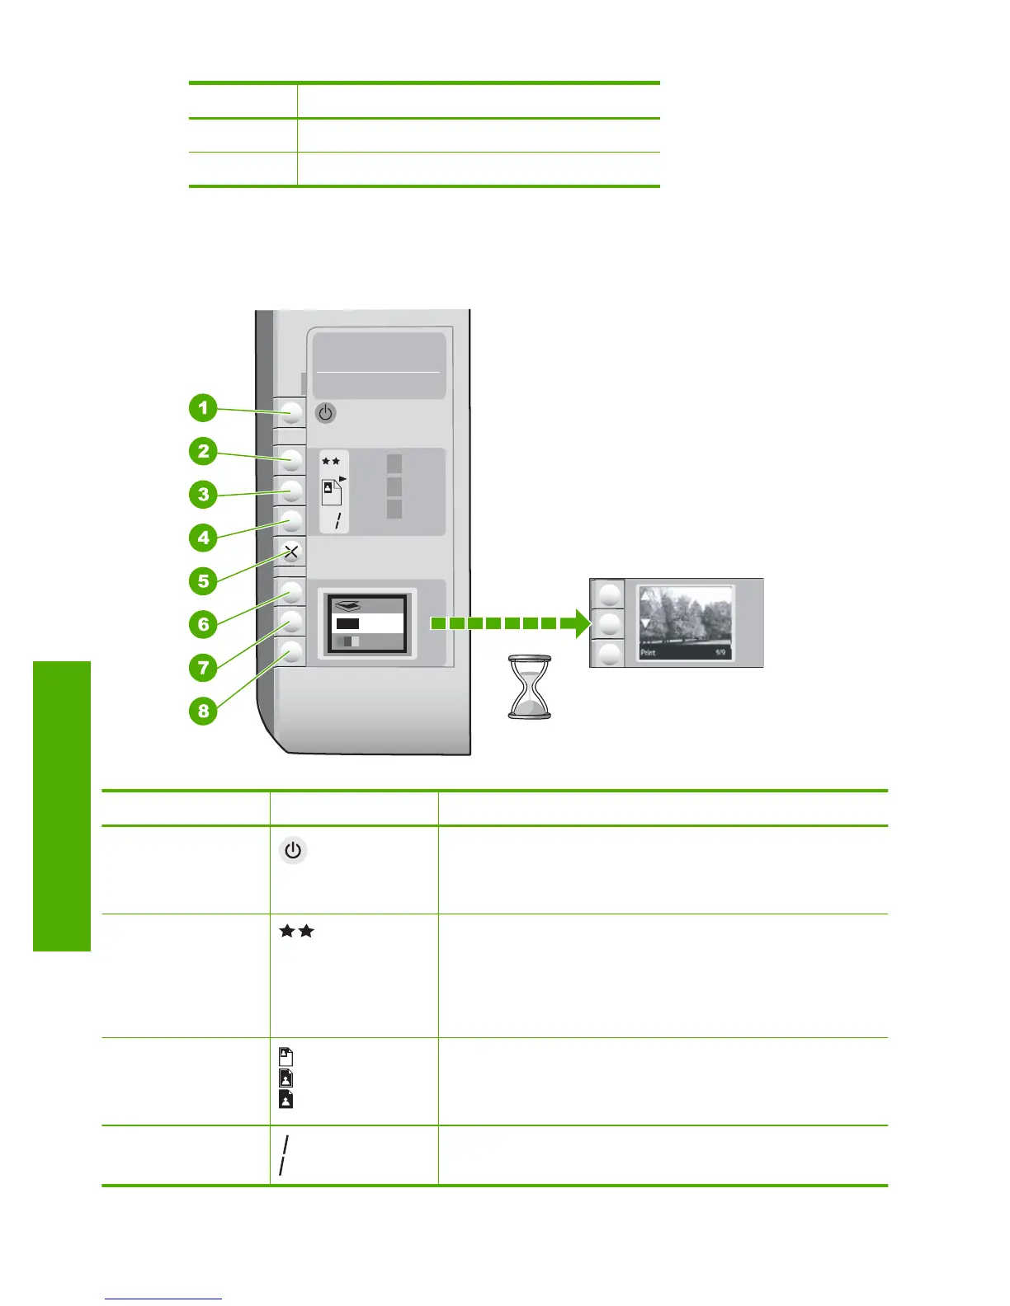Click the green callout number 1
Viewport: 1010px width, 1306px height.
coord(203,408)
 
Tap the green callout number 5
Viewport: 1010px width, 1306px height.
coord(203,580)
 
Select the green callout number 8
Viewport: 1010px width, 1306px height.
coord(203,710)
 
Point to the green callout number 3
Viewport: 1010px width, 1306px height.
coord(203,495)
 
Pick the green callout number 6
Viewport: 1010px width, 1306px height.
coord(203,624)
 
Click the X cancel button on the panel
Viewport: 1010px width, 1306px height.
coord(290,552)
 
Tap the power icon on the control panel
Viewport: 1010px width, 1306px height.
coord(326,412)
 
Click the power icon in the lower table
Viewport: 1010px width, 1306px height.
coord(293,850)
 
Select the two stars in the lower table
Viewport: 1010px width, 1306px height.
coord(297,931)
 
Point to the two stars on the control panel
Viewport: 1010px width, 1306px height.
coord(331,461)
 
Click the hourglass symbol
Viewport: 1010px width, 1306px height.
coord(529,688)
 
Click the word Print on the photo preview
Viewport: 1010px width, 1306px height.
coord(649,653)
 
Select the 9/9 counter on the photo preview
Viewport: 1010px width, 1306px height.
coord(720,653)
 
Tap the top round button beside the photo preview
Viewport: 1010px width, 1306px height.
coord(610,594)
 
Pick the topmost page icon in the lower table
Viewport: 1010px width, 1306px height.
coord(286,1056)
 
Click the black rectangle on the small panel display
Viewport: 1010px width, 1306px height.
coord(347,623)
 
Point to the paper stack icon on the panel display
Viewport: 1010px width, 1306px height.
coord(347,605)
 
